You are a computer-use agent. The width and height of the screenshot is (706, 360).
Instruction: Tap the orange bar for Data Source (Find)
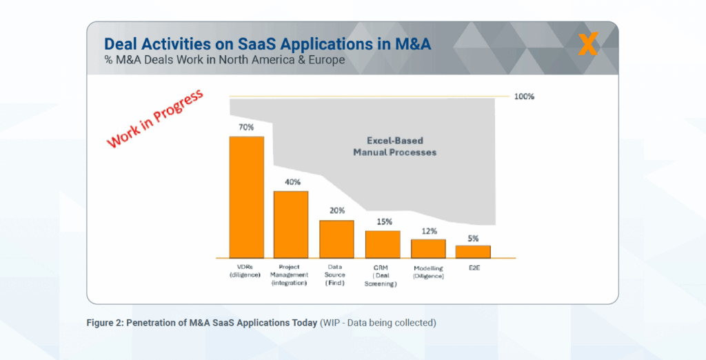pos(336,239)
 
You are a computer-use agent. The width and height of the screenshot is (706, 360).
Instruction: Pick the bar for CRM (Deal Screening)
pos(383,243)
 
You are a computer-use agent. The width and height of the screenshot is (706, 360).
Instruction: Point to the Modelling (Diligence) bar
pos(428,248)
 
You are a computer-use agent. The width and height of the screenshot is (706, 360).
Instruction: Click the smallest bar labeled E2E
pos(473,251)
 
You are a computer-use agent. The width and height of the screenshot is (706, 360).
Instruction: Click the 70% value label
pos(247,128)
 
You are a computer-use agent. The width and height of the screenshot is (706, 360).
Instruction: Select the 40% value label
pos(292,182)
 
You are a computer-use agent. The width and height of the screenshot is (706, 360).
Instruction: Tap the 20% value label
pos(337,211)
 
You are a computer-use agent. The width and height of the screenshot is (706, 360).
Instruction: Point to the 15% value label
pos(384,221)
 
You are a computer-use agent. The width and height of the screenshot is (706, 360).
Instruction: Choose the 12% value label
pos(429,231)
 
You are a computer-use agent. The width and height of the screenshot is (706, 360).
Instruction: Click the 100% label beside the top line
pos(524,97)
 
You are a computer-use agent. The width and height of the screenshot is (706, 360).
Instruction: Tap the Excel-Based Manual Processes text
pos(394,146)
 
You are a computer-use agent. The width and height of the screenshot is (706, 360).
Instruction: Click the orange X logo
pos(588,44)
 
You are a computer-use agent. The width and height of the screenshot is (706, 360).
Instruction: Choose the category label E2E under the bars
pos(474,268)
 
